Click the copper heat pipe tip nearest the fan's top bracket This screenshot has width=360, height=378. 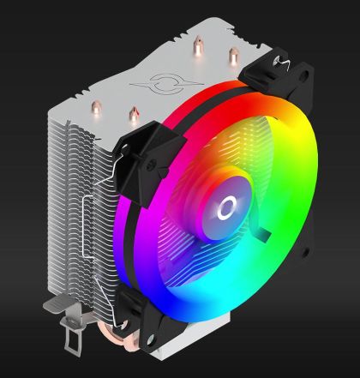click(x=231, y=56)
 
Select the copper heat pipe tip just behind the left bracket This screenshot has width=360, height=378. click(x=133, y=111)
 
